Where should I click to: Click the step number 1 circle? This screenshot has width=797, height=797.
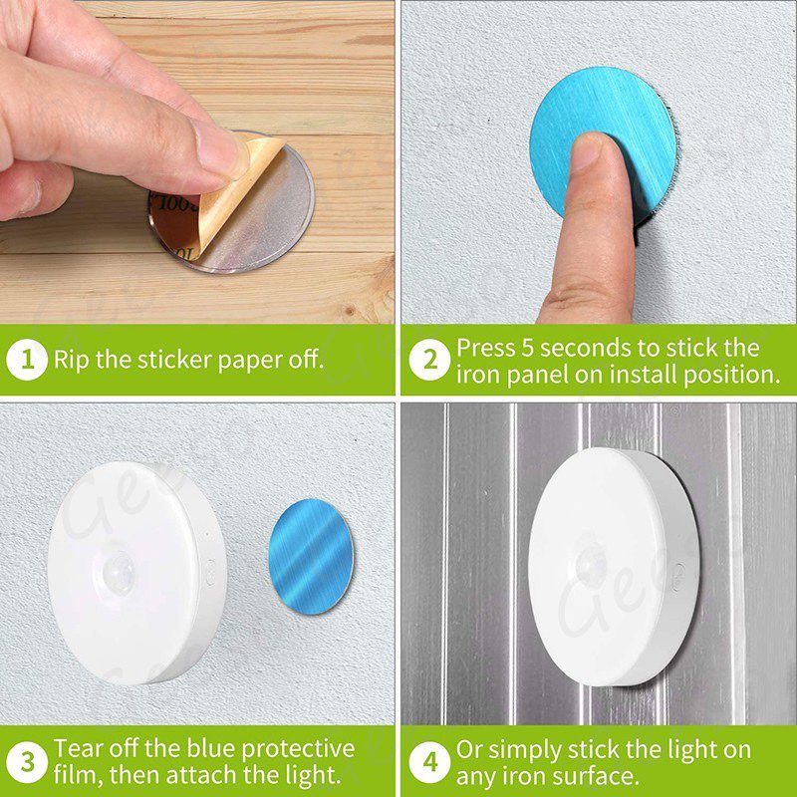(27, 360)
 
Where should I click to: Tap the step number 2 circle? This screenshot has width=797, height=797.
(429, 360)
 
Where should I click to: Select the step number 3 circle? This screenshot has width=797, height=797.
(27, 762)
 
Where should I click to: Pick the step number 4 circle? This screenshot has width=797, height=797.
(429, 762)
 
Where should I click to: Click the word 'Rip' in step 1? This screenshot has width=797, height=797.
(72, 360)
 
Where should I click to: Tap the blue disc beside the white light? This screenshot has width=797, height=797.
(311, 556)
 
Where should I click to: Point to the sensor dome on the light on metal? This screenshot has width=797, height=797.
(591, 565)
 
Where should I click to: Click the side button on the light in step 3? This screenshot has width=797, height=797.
(210, 572)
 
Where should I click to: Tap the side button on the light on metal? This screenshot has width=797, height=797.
(677, 577)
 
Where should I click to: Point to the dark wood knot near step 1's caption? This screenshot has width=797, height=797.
(349, 310)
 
